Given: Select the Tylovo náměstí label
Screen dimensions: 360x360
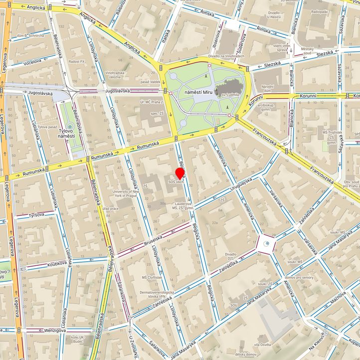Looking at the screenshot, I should click(66, 133).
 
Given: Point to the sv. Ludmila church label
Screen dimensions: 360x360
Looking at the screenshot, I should click(231, 93).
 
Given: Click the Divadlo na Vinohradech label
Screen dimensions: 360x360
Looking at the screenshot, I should click(227, 56).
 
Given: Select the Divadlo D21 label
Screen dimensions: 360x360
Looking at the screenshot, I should click(230, 256).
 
